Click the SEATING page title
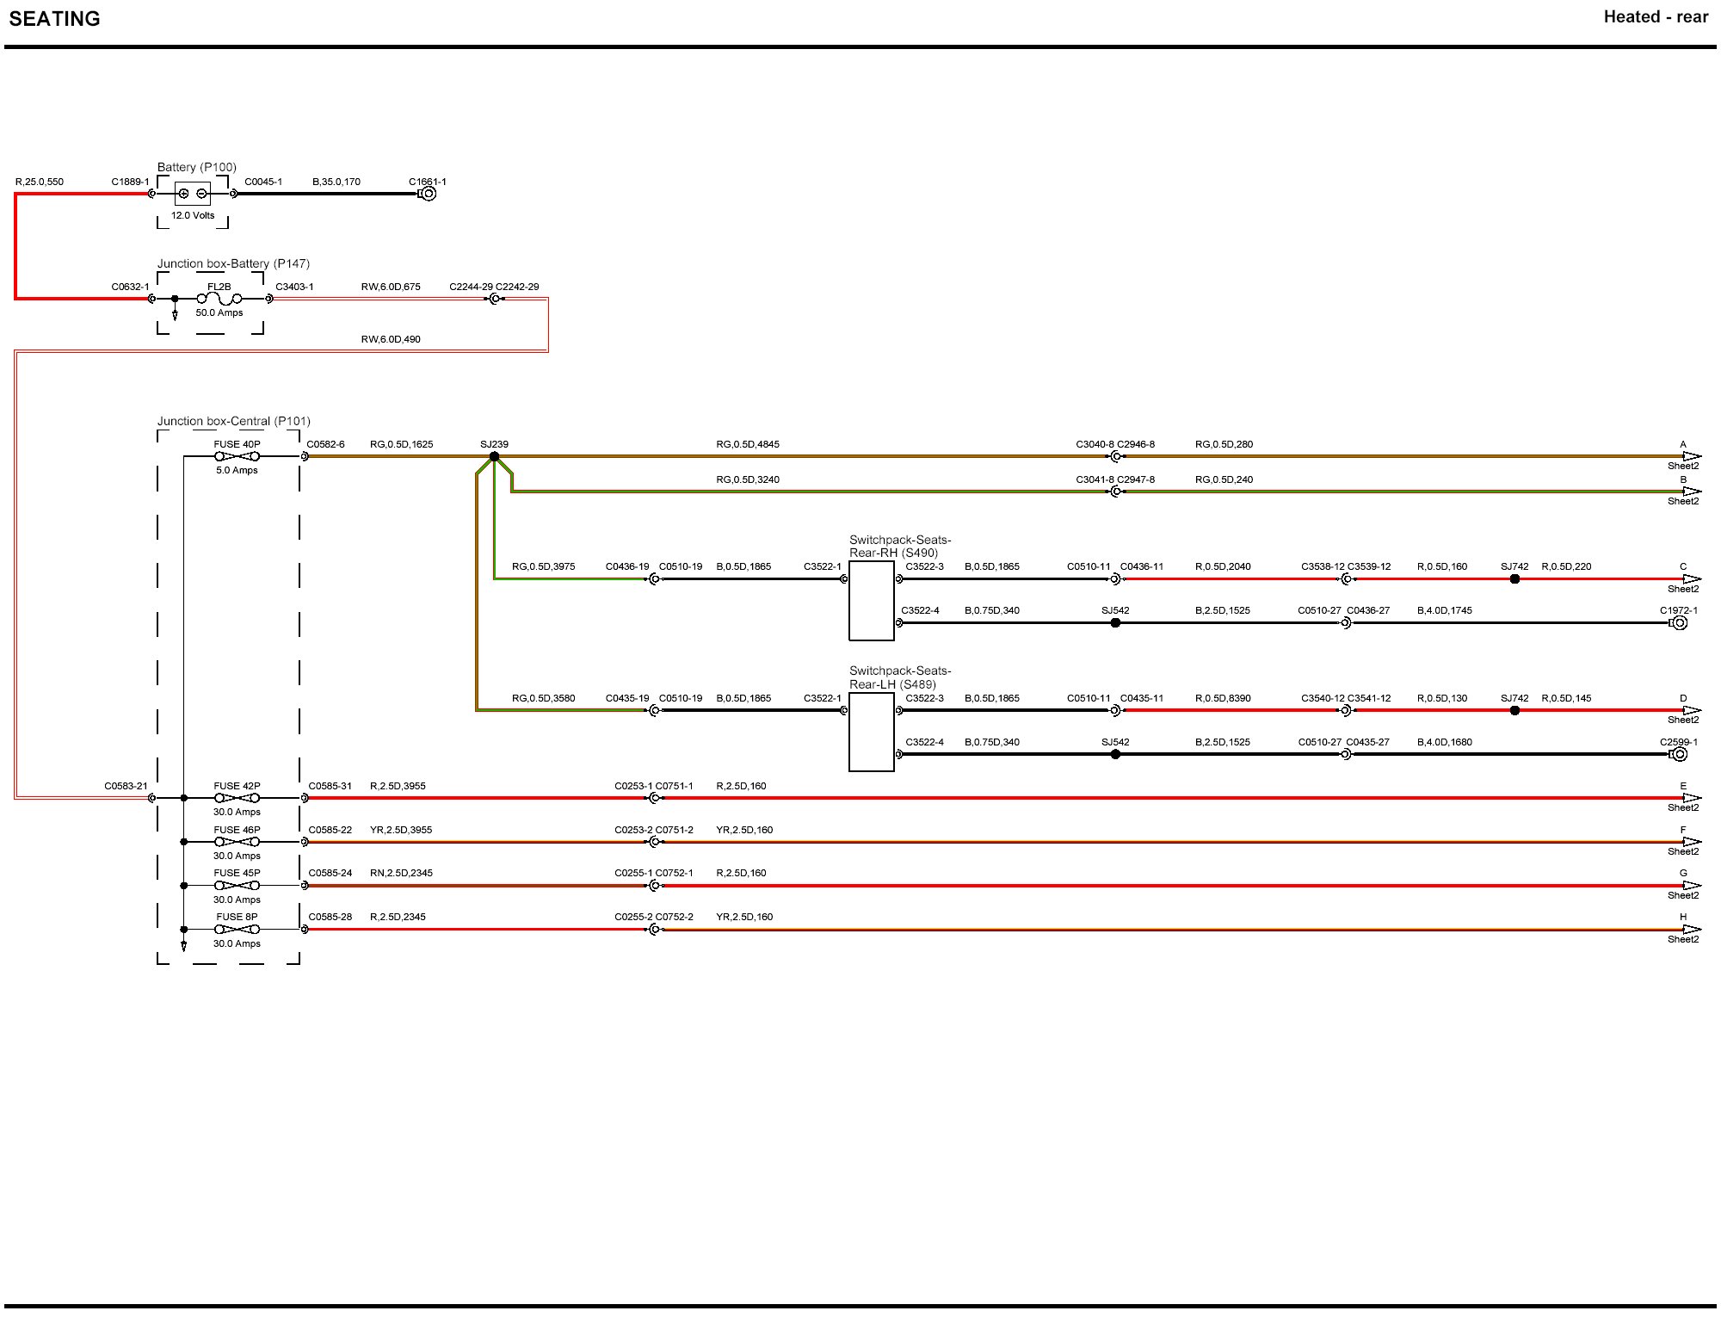coord(54,19)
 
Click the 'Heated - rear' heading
coord(1655,17)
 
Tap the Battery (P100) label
coord(196,167)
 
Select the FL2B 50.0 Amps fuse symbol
coord(219,299)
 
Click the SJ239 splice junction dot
coord(494,456)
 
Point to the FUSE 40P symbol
coord(237,456)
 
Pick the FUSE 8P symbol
coord(237,929)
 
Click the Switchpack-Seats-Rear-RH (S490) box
coord(871,601)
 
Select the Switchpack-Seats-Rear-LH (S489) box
coord(871,732)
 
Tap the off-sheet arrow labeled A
coord(1691,456)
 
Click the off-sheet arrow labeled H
coord(1691,929)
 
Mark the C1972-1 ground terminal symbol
coord(1679,622)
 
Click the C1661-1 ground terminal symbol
coord(428,194)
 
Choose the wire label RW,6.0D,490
coord(391,339)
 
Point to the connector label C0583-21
coord(126,786)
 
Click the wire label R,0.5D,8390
coord(1223,698)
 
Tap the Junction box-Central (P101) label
coord(233,421)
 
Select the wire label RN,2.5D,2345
coord(401,873)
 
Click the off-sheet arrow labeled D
coord(1691,710)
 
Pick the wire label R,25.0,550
coord(40,182)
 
